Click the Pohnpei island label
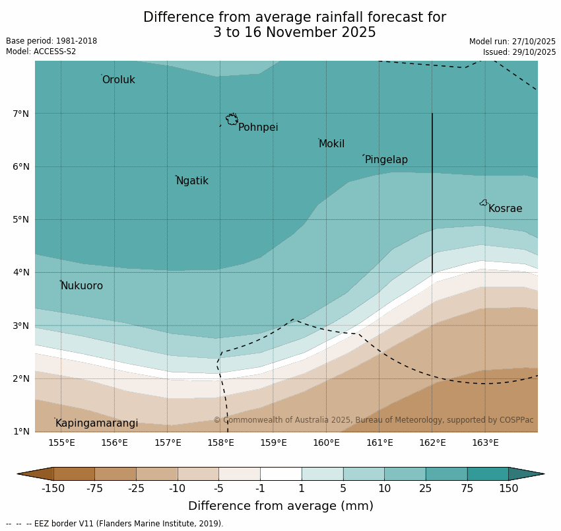click(x=258, y=127)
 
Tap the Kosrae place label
click(x=505, y=209)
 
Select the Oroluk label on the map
click(x=119, y=80)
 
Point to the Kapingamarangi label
click(x=97, y=423)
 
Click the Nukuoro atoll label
click(x=82, y=286)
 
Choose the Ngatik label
click(x=192, y=181)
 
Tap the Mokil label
click(x=331, y=144)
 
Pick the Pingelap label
click(x=386, y=160)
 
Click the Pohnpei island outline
click(x=232, y=120)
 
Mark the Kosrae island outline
click(x=484, y=203)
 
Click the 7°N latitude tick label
click(x=21, y=114)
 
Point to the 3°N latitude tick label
click(x=21, y=326)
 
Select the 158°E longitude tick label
click(x=220, y=442)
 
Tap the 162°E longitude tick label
click(x=432, y=442)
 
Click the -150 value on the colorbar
click(x=53, y=489)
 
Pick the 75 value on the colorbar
click(x=467, y=489)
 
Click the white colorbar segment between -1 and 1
click(x=280, y=474)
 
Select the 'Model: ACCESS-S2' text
click(x=41, y=52)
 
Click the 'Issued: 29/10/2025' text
click(x=519, y=52)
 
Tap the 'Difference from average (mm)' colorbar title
click(x=280, y=506)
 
